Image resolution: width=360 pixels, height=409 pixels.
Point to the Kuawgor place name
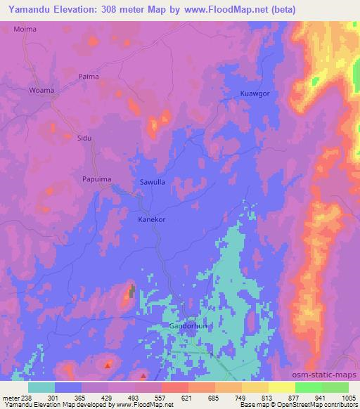pyautogui.click(x=255, y=93)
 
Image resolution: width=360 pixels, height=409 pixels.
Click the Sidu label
pyautogui.click(x=84, y=138)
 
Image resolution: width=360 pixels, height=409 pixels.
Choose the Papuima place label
pyautogui.click(x=97, y=179)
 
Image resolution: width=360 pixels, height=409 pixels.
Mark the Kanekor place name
pyautogui.click(x=151, y=219)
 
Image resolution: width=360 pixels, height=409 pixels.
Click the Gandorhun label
pyautogui.click(x=188, y=327)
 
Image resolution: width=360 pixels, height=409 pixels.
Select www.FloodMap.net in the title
pyautogui.click(x=236, y=10)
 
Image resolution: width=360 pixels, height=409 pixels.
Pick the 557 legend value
pyautogui.click(x=160, y=397)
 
